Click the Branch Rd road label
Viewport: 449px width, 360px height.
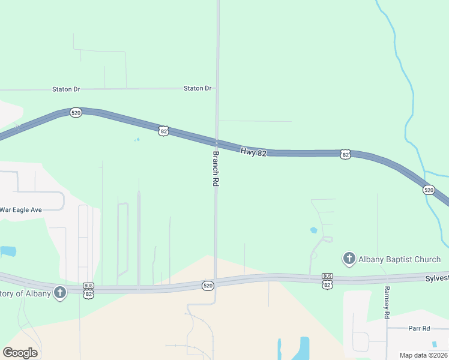(214, 168)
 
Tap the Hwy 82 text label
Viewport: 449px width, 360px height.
(253, 152)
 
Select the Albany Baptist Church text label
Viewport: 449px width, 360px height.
(400, 259)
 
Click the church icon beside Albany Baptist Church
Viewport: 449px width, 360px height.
(349, 259)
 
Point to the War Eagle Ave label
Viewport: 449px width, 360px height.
(20, 210)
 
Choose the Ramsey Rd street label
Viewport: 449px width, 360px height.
(387, 306)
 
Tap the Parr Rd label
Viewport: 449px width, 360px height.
(419, 329)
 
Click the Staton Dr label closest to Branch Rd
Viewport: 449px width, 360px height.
(197, 88)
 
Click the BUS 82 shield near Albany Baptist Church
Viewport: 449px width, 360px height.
(327, 280)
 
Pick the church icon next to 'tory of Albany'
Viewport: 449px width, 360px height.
(59, 292)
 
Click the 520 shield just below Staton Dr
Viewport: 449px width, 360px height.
(76, 113)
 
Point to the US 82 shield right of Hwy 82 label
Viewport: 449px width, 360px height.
(345, 154)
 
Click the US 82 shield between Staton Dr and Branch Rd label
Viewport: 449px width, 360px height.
(163, 130)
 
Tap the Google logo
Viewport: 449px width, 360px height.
(20, 353)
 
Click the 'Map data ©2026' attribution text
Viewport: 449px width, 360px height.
(423, 355)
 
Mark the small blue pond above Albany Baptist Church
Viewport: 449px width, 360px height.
(313, 230)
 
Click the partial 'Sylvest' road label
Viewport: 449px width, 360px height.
(436, 278)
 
